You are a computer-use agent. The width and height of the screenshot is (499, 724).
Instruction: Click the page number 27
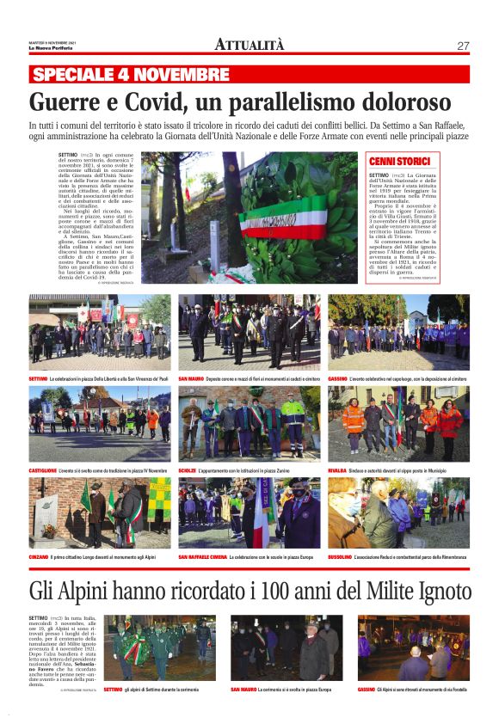point(463,46)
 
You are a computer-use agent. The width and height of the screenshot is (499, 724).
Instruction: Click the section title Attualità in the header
point(249,45)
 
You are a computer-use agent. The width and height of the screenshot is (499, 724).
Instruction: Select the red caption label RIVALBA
point(337,471)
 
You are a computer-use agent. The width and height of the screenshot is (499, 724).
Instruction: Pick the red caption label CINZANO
point(40,557)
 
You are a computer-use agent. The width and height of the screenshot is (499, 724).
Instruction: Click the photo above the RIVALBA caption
point(398,423)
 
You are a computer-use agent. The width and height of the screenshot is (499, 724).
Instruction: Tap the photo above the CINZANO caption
point(99,513)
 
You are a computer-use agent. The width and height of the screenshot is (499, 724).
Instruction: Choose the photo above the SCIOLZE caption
point(249,423)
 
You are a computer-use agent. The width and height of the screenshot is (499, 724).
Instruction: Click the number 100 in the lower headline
point(270,592)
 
